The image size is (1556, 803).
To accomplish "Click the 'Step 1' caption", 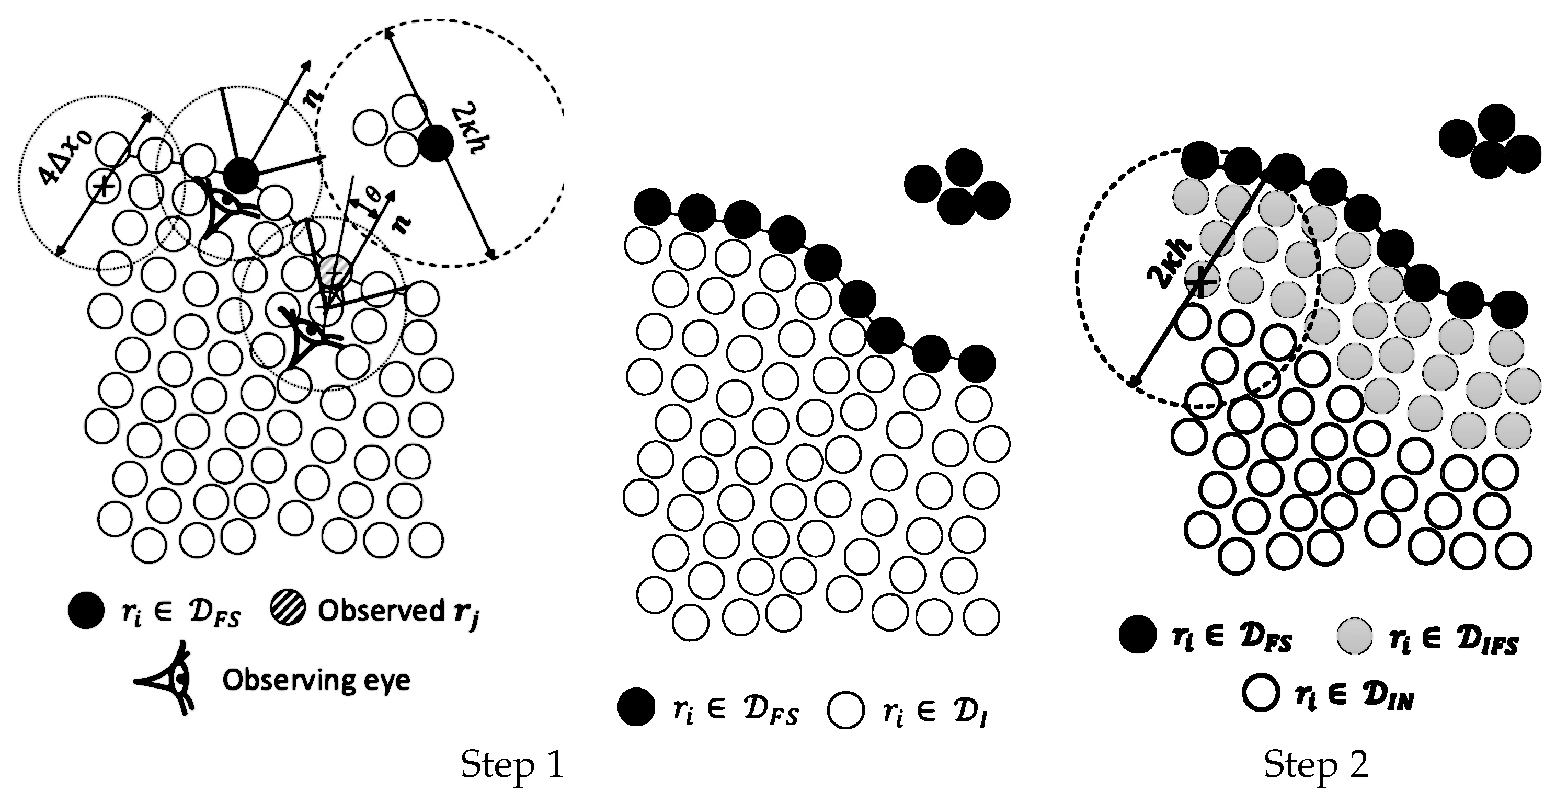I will click(x=512, y=764).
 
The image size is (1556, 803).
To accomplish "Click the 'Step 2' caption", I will click(x=1315, y=764).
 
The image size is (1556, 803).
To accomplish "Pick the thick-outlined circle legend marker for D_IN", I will click(x=1261, y=694).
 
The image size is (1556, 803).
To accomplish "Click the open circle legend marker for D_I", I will click(x=845, y=710).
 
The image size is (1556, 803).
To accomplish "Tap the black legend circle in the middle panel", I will click(x=636, y=707).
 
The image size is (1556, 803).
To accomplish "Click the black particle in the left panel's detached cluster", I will click(x=436, y=144).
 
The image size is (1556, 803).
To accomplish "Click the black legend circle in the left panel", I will click(x=86, y=610).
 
